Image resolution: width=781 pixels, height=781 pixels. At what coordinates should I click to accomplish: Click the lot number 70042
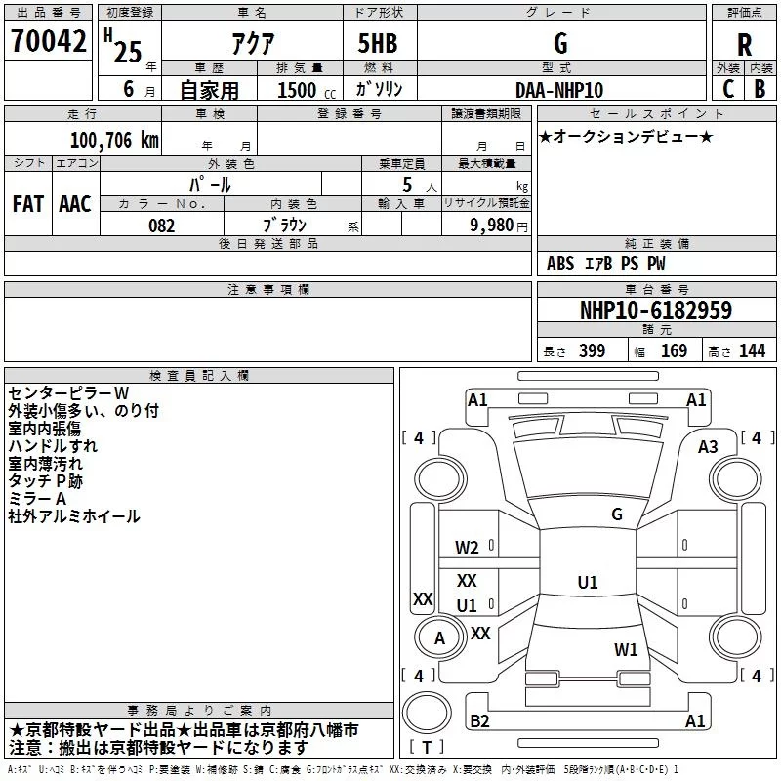48,41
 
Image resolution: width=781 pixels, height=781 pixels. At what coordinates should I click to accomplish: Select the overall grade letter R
744,45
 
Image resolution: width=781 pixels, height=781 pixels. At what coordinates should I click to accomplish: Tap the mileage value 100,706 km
114,141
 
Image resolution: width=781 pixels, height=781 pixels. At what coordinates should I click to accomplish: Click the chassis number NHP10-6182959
656,310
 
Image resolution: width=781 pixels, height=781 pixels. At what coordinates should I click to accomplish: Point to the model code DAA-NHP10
559,90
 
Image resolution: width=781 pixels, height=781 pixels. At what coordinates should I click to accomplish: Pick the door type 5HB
378,43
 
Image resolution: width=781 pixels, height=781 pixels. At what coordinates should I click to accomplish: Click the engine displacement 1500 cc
307,90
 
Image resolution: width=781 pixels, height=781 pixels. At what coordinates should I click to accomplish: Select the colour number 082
162,226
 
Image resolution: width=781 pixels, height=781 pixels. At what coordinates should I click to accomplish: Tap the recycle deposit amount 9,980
491,226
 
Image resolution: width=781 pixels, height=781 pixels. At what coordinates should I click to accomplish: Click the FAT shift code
28,204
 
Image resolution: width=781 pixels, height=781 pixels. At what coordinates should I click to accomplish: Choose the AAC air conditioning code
75,204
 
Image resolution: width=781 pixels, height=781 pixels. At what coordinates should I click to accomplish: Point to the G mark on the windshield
617,514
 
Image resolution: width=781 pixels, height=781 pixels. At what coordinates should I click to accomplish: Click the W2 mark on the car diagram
467,548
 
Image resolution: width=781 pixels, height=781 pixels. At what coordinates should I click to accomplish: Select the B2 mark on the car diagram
479,720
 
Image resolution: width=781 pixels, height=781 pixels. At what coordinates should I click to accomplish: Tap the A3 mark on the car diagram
708,447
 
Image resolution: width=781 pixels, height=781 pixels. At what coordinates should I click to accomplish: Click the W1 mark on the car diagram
626,649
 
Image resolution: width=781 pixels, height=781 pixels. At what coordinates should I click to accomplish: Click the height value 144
752,350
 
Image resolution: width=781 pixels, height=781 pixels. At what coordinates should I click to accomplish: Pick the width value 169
674,350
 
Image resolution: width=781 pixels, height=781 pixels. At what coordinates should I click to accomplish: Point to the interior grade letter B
760,89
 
